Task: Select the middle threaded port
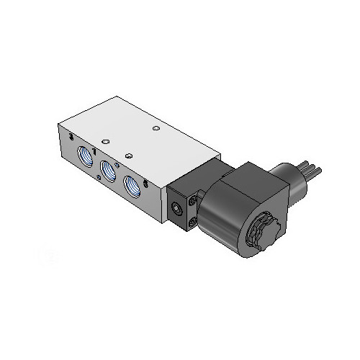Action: (x=109, y=171)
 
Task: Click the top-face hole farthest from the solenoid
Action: (x=104, y=140)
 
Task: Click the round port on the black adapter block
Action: (x=176, y=209)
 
